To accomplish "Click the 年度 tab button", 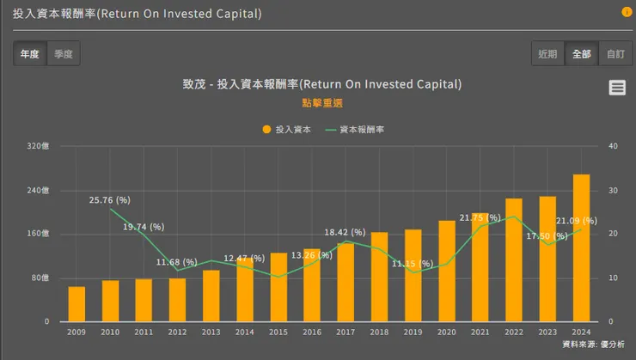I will point(30,53).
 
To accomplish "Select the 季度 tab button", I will point(64,53).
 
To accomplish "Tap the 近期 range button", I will point(547,53).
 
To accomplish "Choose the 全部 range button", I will point(581,53).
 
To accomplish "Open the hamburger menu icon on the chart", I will point(617,87).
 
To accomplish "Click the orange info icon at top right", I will point(627,12).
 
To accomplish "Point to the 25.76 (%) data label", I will point(109,200).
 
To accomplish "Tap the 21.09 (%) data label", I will point(577,221).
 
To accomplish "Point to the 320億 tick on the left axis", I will point(39,146).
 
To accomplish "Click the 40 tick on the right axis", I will point(613,146).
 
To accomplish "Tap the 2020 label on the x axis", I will point(447,332).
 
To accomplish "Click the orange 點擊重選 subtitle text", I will point(322,102).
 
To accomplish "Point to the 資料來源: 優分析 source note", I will point(593,345).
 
